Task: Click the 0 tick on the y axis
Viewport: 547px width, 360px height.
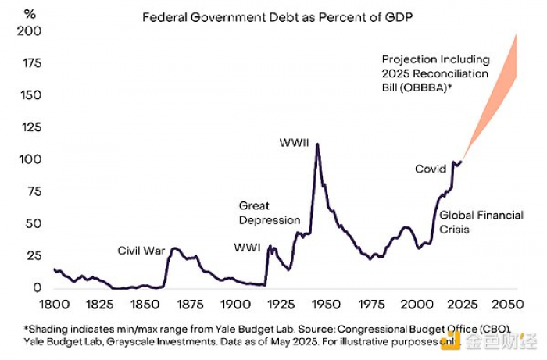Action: pos(36,288)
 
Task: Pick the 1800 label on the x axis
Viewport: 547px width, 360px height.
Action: pos(54,305)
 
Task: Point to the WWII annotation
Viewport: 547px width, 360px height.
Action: pos(295,143)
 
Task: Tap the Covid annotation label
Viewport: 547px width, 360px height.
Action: pos(431,169)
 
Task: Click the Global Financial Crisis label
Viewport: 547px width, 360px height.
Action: pos(481,221)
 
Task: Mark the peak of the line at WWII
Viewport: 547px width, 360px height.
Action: pos(317,144)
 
